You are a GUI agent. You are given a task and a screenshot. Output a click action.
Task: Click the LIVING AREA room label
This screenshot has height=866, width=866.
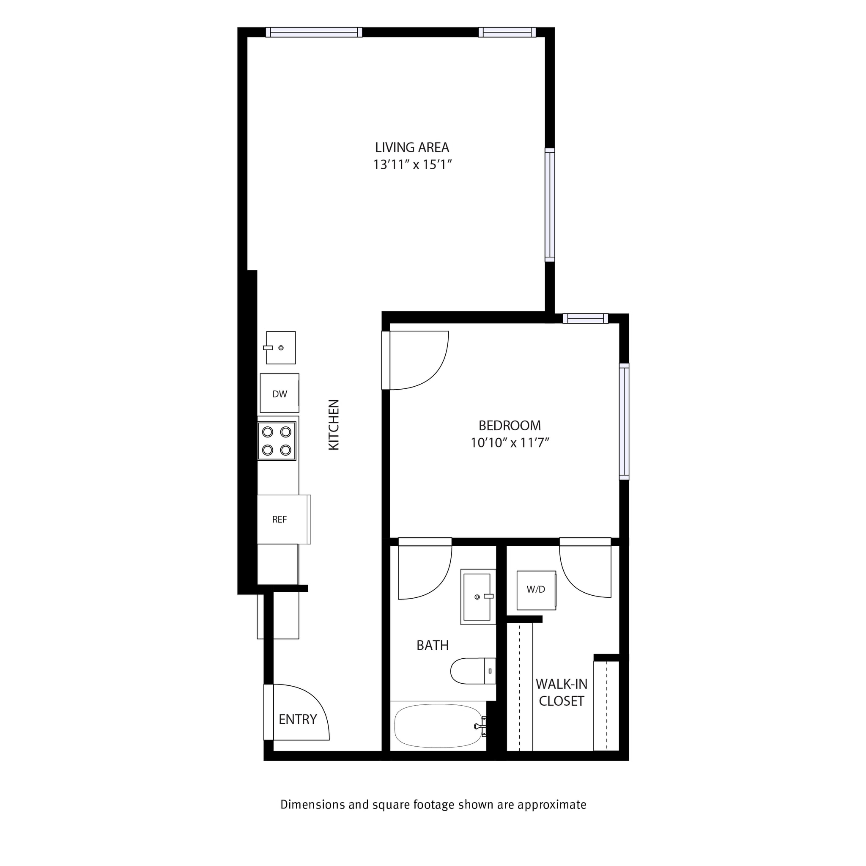pyautogui.click(x=411, y=148)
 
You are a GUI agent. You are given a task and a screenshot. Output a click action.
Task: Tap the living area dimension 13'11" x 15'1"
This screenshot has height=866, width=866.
pyautogui.click(x=411, y=165)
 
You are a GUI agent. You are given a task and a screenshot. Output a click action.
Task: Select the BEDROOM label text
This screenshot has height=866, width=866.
pyautogui.click(x=510, y=425)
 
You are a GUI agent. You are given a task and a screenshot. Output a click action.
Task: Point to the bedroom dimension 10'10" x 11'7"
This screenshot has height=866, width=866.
pyautogui.click(x=510, y=443)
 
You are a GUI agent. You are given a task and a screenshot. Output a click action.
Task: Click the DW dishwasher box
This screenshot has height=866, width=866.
pyautogui.click(x=279, y=393)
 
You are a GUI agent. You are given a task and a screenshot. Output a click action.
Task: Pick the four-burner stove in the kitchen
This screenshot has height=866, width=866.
pyautogui.click(x=277, y=441)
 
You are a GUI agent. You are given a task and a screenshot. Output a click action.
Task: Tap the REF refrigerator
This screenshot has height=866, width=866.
pyautogui.click(x=282, y=520)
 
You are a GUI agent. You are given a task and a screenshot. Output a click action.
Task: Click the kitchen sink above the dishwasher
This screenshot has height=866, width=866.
pyautogui.click(x=281, y=348)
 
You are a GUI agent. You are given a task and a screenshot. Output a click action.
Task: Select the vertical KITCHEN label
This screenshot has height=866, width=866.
pyautogui.click(x=334, y=425)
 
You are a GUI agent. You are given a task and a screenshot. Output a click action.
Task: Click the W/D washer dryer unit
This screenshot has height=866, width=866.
pyautogui.click(x=536, y=590)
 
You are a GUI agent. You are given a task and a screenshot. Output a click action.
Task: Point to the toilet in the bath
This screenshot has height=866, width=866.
pyautogui.click(x=472, y=671)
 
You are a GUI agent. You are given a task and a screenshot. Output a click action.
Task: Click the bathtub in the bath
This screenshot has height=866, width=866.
pyautogui.click(x=438, y=726)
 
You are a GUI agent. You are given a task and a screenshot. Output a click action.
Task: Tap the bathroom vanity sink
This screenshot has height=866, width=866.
pyautogui.click(x=477, y=597)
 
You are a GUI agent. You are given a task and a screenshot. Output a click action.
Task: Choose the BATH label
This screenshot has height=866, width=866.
pyautogui.click(x=433, y=645)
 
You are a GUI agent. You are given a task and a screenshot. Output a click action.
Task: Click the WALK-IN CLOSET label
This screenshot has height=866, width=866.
pyautogui.click(x=561, y=693)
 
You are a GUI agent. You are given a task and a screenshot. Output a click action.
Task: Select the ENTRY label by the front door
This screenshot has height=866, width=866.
pyautogui.click(x=298, y=719)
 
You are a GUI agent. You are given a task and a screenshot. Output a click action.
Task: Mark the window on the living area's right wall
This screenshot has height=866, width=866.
pyautogui.click(x=550, y=205)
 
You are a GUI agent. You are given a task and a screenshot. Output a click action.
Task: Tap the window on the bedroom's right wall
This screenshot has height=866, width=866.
pyautogui.click(x=624, y=421)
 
